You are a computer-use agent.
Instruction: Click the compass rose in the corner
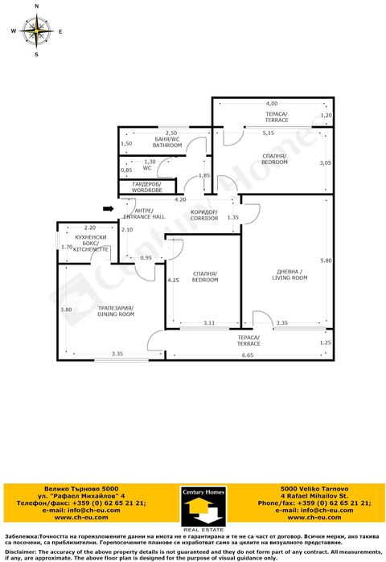coord(37,31)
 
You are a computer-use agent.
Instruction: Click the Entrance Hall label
coord(144,215)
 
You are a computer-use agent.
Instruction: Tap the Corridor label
coord(204,215)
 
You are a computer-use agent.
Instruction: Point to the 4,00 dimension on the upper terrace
coord(272,104)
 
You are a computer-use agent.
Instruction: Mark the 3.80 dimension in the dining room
coord(66,310)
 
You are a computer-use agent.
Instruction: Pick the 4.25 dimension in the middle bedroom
coord(173,281)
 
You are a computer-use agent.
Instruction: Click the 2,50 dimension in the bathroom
coord(171,133)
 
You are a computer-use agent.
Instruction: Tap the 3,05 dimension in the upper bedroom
coord(325,163)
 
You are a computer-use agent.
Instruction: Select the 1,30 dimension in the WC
coord(150,162)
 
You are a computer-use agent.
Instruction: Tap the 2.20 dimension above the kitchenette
coord(89,228)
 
